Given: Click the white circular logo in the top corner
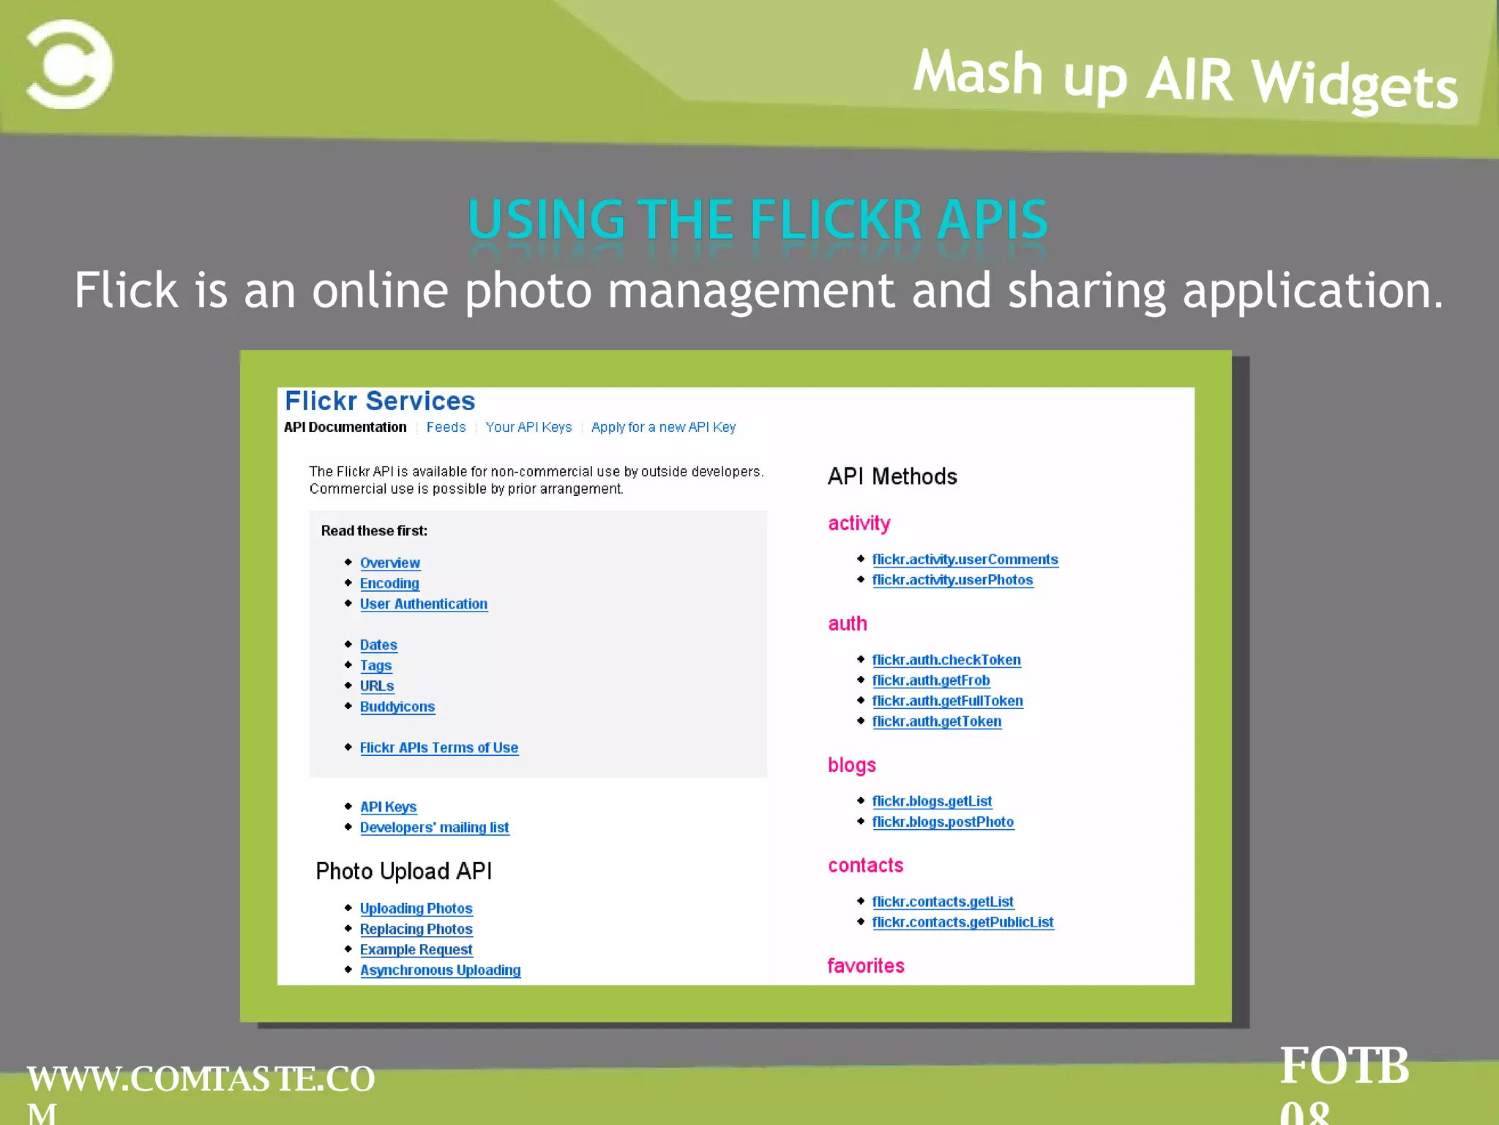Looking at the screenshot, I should [x=70, y=64].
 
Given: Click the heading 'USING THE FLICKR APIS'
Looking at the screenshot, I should [x=758, y=219].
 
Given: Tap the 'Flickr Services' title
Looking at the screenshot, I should [x=380, y=401].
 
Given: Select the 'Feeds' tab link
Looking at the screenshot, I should [x=446, y=427].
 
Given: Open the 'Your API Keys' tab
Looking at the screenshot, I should [x=528, y=427].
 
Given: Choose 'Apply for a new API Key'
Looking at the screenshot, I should [x=663, y=427].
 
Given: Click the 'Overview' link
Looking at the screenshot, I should [x=390, y=562].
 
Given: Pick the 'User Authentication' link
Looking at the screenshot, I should [x=423, y=604].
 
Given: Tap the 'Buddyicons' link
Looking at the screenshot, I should [x=397, y=707].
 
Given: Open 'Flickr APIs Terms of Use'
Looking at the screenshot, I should [x=439, y=748].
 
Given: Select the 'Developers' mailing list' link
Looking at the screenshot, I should [x=434, y=827].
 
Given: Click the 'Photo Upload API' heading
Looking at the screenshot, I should [x=403, y=871].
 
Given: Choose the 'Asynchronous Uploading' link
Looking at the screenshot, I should [x=440, y=970].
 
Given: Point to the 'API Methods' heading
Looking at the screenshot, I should [x=892, y=477].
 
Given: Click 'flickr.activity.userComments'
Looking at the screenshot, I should [x=965, y=560].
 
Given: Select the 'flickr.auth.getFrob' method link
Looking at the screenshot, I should [x=930, y=680].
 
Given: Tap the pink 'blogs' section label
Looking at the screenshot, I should [x=852, y=765].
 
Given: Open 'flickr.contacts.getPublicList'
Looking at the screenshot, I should [x=962, y=922].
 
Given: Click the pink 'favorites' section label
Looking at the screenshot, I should [x=866, y=965].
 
